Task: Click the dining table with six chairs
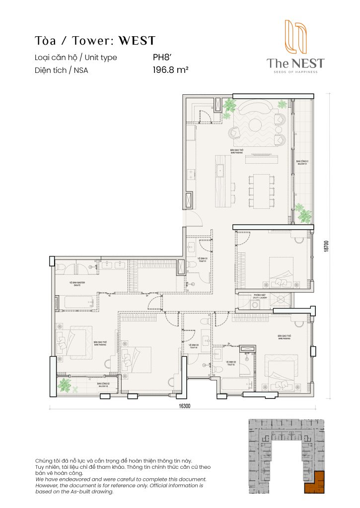[x=261, y=191]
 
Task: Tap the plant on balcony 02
[x=65, y=384]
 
